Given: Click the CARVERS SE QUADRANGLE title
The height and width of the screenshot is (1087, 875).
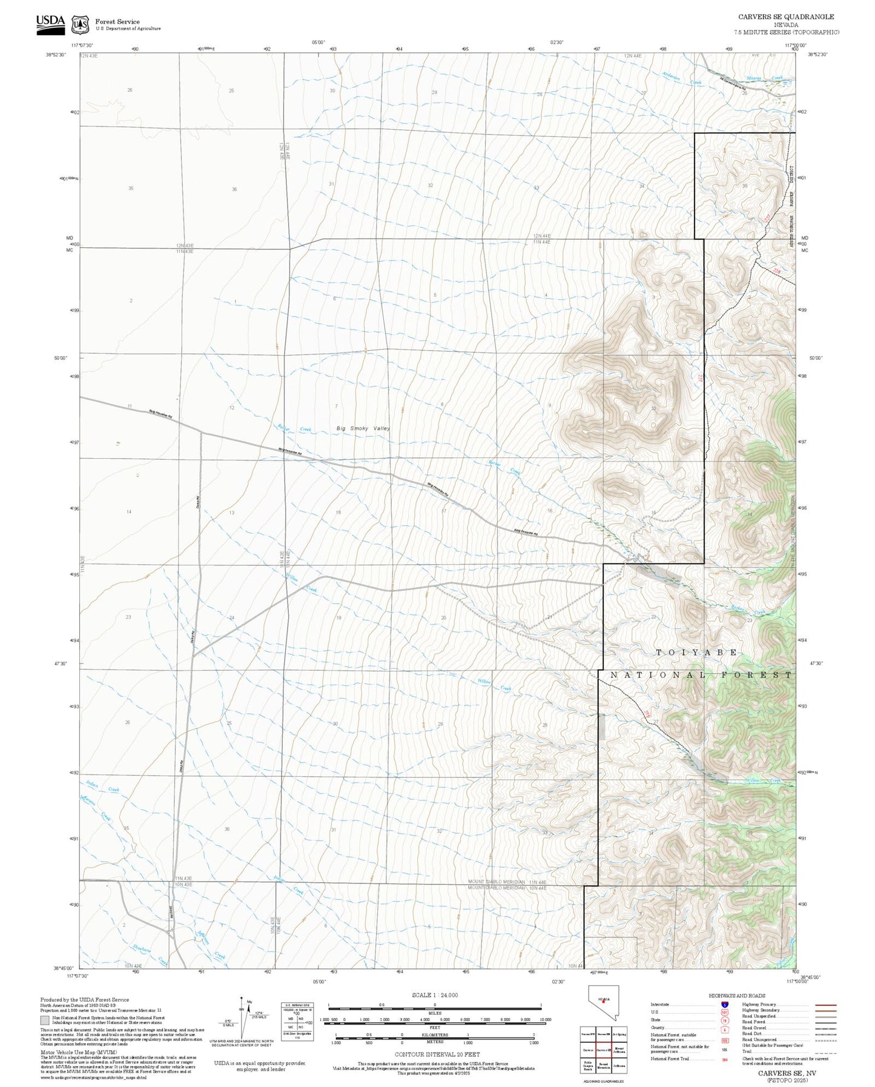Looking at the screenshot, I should pyautogui.click(x=785, y=17).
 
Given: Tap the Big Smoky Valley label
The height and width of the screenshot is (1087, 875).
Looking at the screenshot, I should pyautogui.click(x=363, y=428).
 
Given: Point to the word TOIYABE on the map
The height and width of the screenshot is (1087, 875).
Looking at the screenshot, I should pyautogui.click(x=697, y=653).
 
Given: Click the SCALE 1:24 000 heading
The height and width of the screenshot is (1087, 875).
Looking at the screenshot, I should pyautogui.click(x=434, y=995).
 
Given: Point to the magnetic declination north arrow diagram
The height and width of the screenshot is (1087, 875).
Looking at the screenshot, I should pyautogui.click(x=242, y=1018).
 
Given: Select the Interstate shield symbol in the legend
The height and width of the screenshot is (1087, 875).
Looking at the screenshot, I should pyautogui.click(x=724, y=1004).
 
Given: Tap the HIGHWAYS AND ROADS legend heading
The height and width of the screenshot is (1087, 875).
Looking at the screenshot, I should pyautogui.click(x=737, y=996).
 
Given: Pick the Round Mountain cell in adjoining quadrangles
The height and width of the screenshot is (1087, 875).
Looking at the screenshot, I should pyautogui.click(x=603, y=1065).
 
